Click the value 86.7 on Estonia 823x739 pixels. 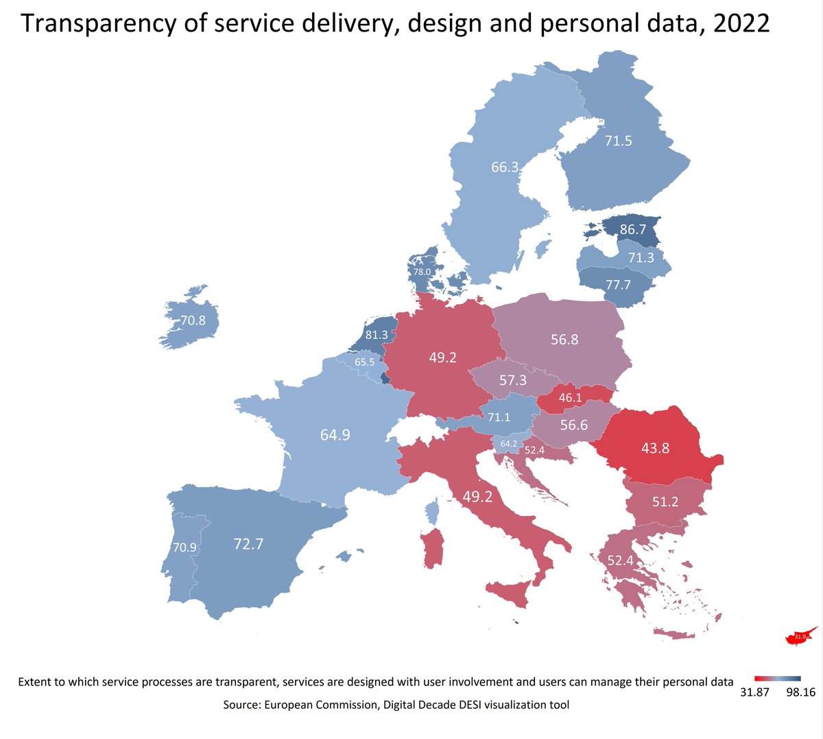tap(632, 229)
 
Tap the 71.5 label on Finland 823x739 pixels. tap(618, 141)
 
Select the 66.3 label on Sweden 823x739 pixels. tap(505, 167)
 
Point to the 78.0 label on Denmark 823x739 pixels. tap(422, 272)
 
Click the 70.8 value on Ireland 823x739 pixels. tap(193, 320)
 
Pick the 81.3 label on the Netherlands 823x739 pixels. tap(377, 335)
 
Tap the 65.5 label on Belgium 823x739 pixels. tap(364, 362)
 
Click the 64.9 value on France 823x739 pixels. tap(335, 434)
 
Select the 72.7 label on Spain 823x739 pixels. tap(248, 544)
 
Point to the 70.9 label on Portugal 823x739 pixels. tap(184, 548)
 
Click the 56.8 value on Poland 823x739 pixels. tap(564, 339)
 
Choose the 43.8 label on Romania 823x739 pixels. tap(656, 448)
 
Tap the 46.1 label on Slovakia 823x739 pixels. tap(570, 397)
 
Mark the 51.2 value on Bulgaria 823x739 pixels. tap(665, 502)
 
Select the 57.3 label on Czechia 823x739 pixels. tap(512, 379)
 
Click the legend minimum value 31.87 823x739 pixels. tap(754, 692)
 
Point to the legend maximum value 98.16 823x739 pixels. tap(800, 692)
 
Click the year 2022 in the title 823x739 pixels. tap(741, 23)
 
